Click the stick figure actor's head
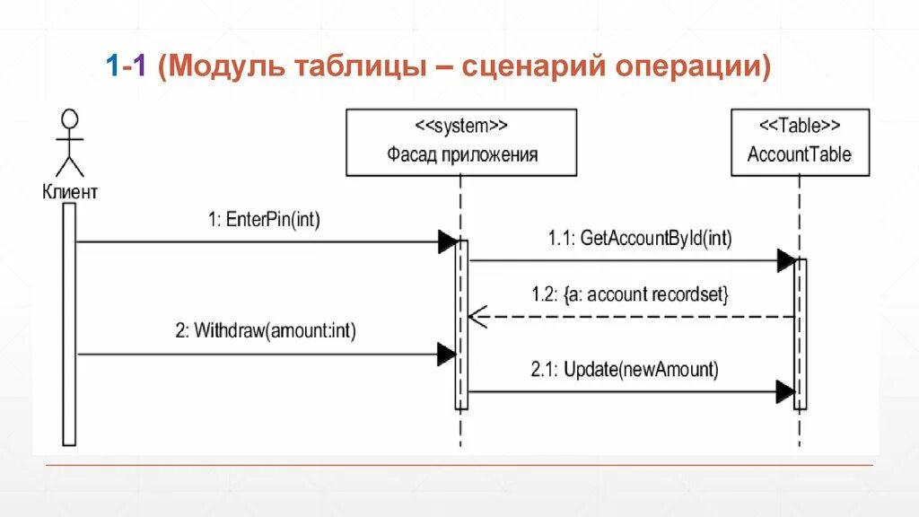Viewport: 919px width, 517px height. (x=69, y=118)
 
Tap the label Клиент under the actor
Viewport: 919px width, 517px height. (x=69, y=190)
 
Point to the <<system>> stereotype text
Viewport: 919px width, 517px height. (x=461, y=125)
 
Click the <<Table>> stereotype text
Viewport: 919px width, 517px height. (x=800, y=125)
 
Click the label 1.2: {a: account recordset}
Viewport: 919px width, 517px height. (x=639, y=294)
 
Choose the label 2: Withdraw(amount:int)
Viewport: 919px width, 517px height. (x=265, y=331)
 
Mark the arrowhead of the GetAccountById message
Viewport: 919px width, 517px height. (x=786, y=261)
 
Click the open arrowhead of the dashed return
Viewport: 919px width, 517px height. (x=477, y=316)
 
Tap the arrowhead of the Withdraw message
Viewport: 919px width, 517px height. (x=447, y=355)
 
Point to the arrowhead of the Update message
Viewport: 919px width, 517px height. (x=785, y=391)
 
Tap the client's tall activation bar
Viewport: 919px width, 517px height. (x=69, y=323)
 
